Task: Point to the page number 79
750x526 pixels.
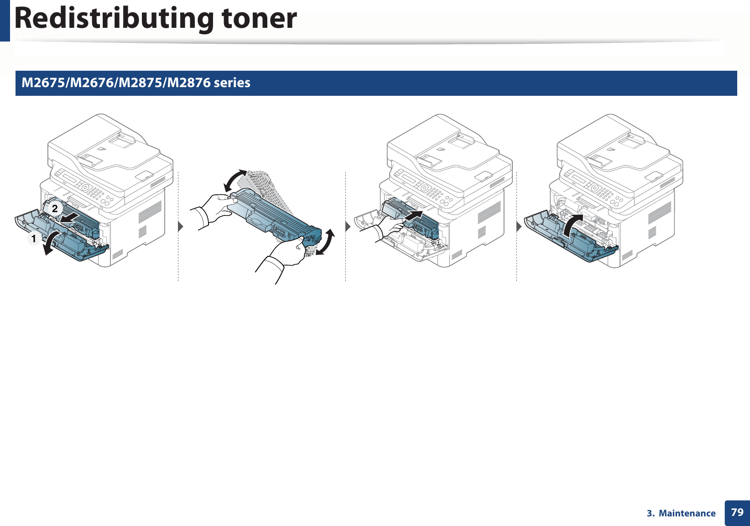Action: coord(737,512)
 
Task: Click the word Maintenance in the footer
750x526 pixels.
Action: coord(687,513)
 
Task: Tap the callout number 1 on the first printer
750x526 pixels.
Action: coord(33,239)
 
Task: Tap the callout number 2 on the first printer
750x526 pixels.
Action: coord(55,208)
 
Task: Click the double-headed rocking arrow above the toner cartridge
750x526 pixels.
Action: coord(235,180)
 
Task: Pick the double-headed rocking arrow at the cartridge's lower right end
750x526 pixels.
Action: coord(325,243)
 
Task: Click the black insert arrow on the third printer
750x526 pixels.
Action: coord(415,214)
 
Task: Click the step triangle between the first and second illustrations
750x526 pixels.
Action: coord(181,226)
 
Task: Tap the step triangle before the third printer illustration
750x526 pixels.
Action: coord(348,226)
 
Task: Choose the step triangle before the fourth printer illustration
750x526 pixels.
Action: coord(519,226)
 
